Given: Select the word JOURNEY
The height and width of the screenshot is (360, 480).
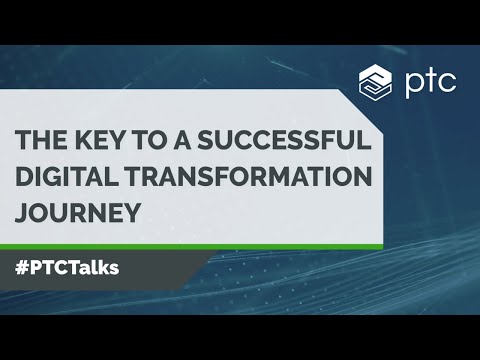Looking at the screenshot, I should [74, 211].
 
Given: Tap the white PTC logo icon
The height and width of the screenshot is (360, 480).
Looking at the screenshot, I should [375, 80].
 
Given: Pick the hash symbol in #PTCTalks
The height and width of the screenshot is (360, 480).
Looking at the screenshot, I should [22, 268].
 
